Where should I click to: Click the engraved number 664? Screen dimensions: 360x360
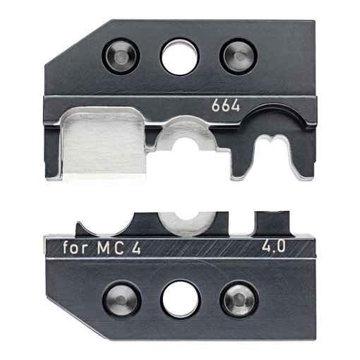pyautogui.click(x=226, y=106)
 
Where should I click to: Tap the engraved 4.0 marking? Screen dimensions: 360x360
pyautogui.click(x=274, y=246)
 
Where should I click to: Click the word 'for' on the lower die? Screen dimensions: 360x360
pyautogui.click(x=76, y=248)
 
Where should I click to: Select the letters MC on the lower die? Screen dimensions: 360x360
pyautogui.click(x=111, y=248)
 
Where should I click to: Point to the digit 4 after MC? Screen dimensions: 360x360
pyautogui.click(x=136, y=248)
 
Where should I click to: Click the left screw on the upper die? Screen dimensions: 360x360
pyautogui.click(x=121, y=56)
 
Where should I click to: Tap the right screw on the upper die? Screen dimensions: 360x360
pyautogui.click(x=239, y=56)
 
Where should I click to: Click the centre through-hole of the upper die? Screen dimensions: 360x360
pyautogui.click(x=179, y=57)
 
